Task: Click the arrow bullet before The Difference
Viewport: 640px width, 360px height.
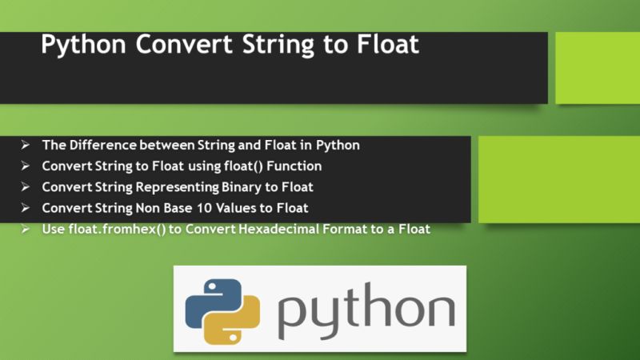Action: [x=26, y=146]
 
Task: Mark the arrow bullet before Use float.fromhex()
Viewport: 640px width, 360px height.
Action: [x=26, y=229]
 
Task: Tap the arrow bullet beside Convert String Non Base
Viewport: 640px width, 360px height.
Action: [x=26, y=208]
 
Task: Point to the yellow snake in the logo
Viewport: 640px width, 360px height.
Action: [x=237, y=325]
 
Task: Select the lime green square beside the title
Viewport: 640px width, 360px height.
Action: [x=597, y=68]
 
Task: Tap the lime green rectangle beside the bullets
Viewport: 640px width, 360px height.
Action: [x=558, y=178]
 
